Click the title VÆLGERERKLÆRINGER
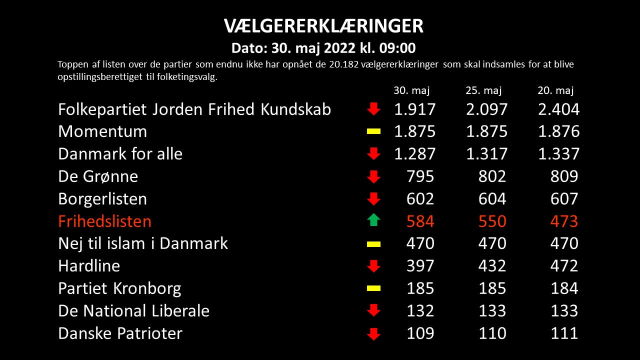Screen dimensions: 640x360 pos(323,26)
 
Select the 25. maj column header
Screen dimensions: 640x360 pos(483,90)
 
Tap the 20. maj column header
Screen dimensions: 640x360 pos(555,90)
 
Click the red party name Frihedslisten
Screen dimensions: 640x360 pos(104,221)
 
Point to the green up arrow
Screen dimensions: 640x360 pos(373,220)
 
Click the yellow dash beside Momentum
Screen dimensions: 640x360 pos(373,131)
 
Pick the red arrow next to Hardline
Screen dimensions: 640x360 pos(373,266)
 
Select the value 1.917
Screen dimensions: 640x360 pos(415,109)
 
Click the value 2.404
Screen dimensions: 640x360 pos(559,109)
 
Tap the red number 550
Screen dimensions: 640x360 pos(492,221)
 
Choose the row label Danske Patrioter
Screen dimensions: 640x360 pos(120,333)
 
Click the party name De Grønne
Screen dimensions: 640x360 pos(98,176)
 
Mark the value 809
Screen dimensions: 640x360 pos(564,176)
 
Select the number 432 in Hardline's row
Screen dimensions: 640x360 pos(492,266)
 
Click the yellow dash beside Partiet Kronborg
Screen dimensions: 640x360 pos(373,288)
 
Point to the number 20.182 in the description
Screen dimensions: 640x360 pos(343,64)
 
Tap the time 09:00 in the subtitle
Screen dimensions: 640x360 pos(397,48)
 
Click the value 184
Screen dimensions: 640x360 pos(564,288)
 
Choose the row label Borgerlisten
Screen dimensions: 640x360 pos(102,198)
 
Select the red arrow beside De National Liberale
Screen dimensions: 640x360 pos(373,310)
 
